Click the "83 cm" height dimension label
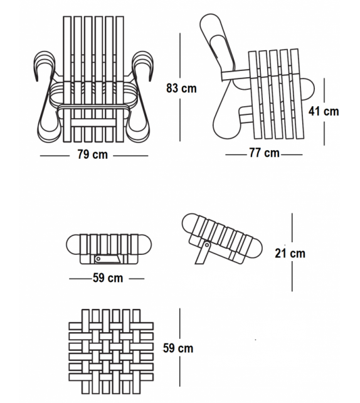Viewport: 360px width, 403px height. point(181,88)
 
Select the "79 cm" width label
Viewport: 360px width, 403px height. point(92,154)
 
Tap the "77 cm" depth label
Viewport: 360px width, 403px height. point(264,153)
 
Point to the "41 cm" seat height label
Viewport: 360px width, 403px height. point(324,111)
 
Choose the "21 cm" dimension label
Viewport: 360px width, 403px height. point(290,254)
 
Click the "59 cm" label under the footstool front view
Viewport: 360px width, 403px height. point(108,278)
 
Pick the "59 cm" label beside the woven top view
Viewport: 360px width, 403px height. point(178,348)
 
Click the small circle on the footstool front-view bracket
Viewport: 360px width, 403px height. point(98,259)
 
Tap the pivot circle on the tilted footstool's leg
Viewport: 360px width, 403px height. point(206,245)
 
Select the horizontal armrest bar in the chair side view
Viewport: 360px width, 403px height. point(235,75)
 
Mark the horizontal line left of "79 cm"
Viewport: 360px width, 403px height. point(55,156)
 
